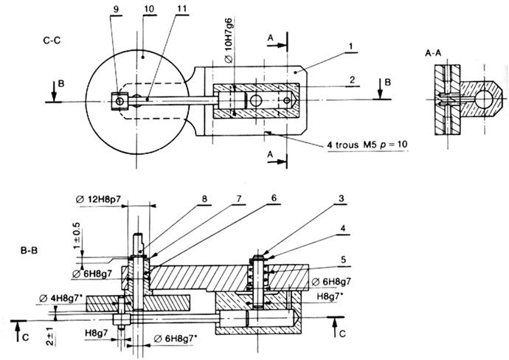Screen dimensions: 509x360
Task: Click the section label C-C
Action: coord(52,41)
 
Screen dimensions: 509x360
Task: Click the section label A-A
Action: coord(433,53)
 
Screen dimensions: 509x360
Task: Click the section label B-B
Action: coord(30,251)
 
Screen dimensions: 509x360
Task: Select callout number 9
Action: coord(117,10)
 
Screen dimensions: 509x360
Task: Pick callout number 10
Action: coord(149,9)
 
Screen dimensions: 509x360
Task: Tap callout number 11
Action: coord(182,8)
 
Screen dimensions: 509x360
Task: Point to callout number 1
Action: coord(351,46)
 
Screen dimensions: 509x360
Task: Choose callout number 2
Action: coord(353,80)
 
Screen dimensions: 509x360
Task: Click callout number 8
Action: coord(204,198)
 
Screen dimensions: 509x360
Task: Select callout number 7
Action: coord(239,198)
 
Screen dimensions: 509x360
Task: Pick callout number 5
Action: coord(344,260)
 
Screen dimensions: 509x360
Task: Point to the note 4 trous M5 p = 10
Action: coord(367,145)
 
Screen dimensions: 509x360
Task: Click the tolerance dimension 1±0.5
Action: coord(77,235)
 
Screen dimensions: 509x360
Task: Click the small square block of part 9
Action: coord(120,101)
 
